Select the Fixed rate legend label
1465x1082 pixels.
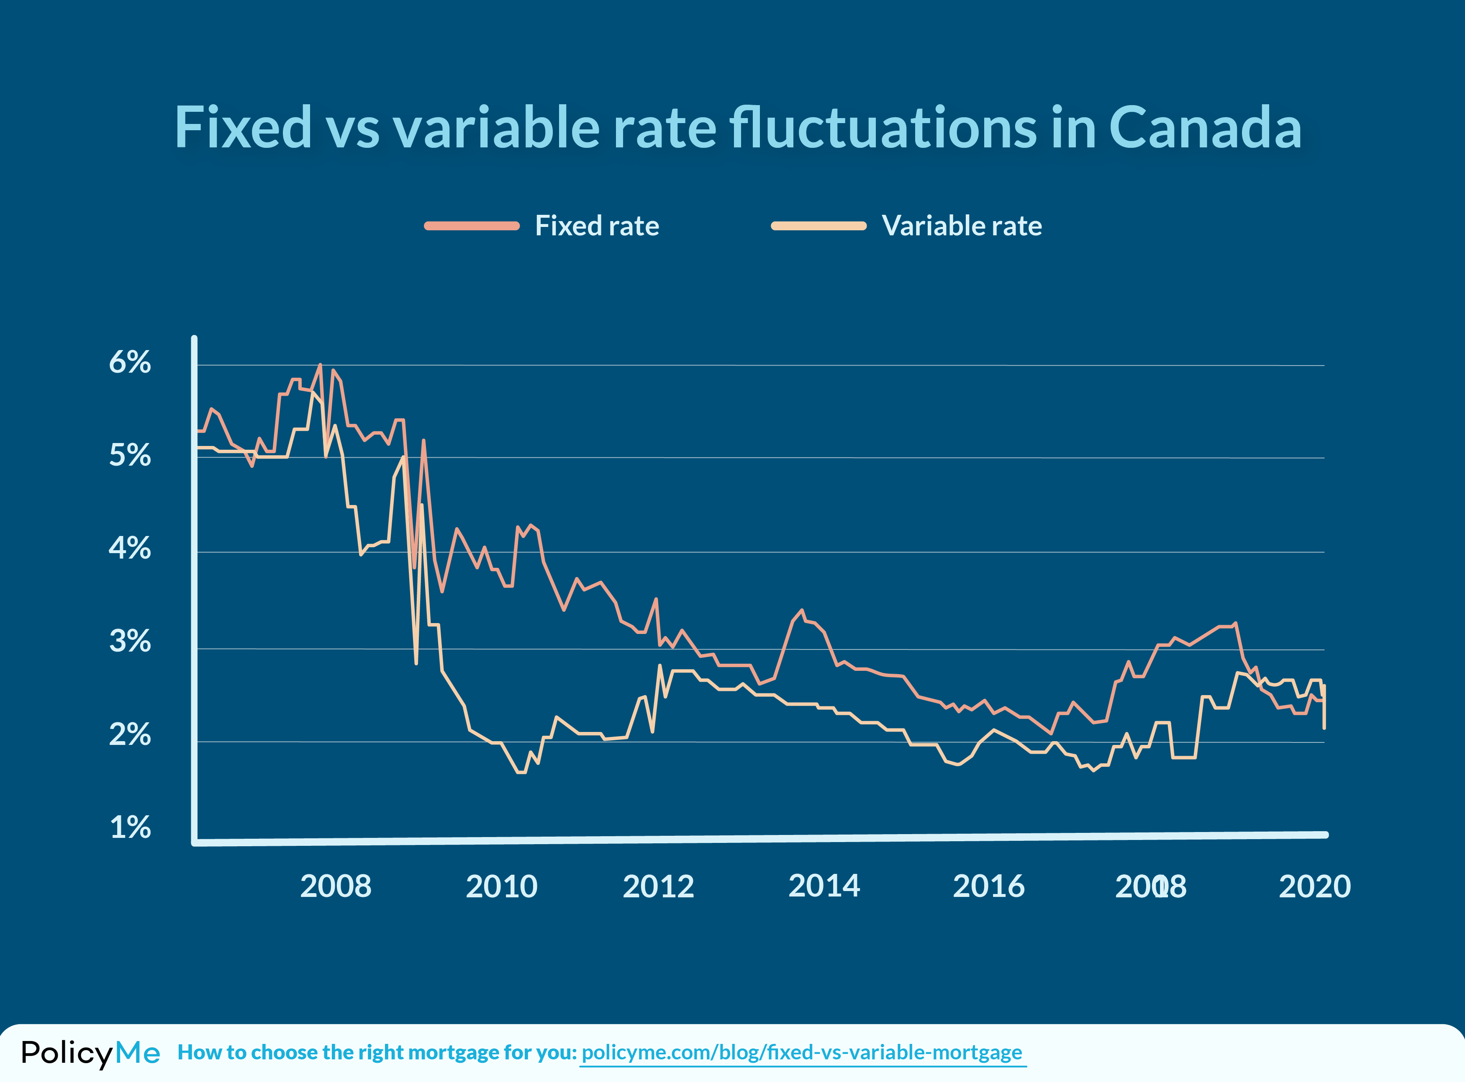click(x=596, y=226)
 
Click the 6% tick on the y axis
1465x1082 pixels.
click(x=130, y=362)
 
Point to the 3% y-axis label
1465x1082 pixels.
click(x=130, y=641)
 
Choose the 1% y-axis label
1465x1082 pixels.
click(x=130, y=828)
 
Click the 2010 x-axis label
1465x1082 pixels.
click(x=501, y=887)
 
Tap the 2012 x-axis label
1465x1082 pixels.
click(x=658, y=887)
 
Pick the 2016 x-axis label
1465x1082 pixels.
click(x=988, y=887)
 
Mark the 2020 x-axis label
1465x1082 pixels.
click(x=1314, y=887)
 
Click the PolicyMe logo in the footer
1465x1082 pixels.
click(x=90, y=1053)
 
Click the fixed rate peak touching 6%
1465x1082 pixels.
click(x=319, y=366)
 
